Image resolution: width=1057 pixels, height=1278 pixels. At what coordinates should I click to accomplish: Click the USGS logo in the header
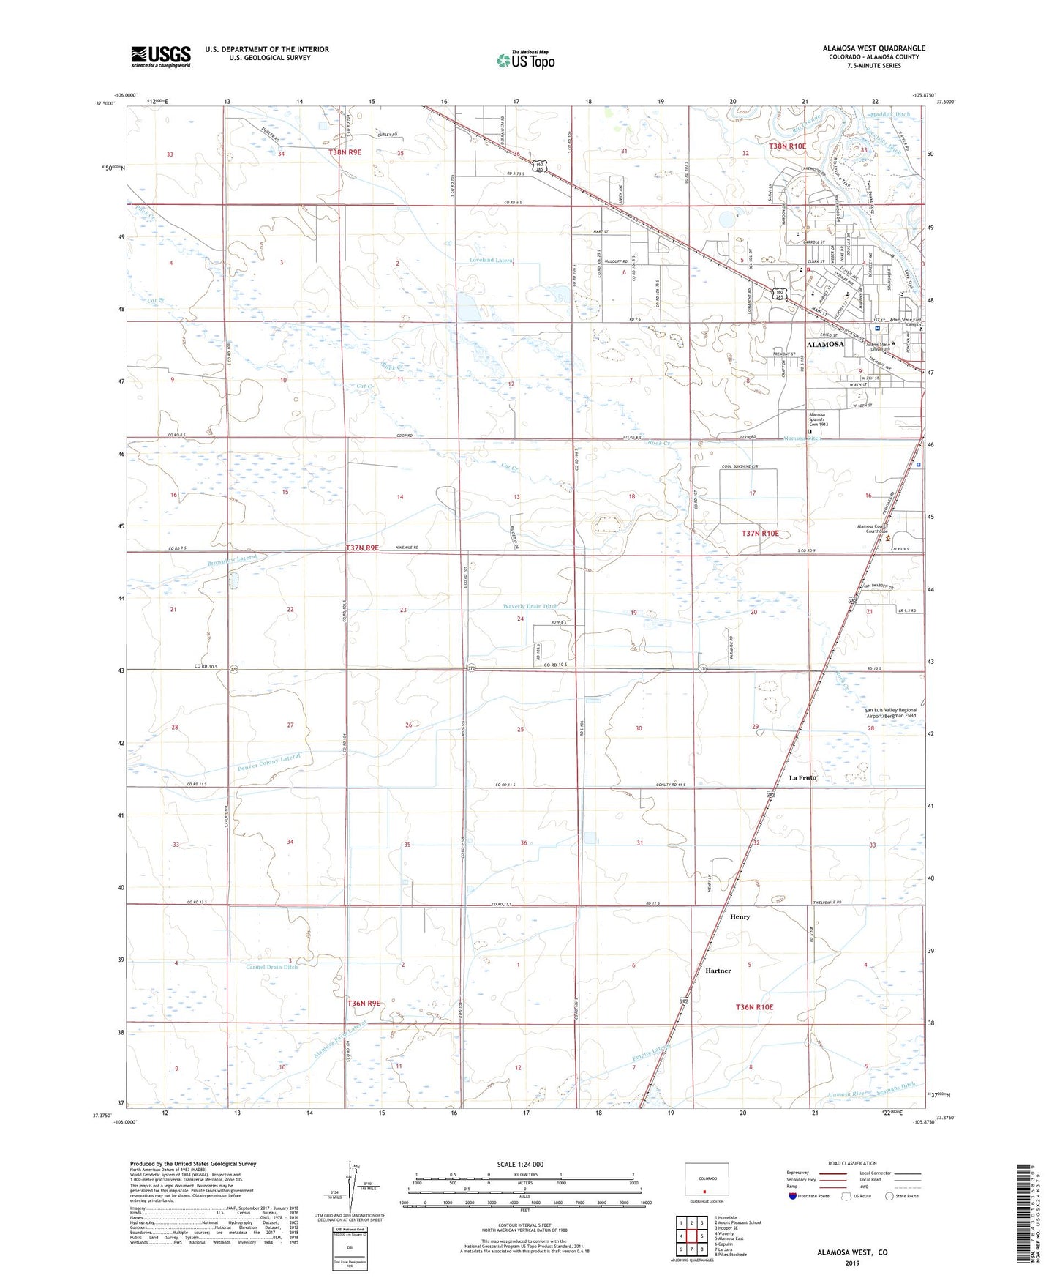pyautogui.click(x=160, y=56)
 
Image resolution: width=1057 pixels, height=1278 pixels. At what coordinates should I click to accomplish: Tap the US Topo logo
pyautogui.click(x=524, y=61)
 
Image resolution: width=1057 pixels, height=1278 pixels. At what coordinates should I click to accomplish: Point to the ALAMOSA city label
pyautogui.click(x=824, y=344)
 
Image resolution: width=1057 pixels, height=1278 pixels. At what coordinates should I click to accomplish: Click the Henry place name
pyautogui.click(x=740, y=916)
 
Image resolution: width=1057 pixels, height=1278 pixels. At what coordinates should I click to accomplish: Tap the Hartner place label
pyautogui.click(x=718, y=971)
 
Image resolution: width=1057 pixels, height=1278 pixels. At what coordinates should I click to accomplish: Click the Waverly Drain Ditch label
pyautogui.click(x=530, y=606)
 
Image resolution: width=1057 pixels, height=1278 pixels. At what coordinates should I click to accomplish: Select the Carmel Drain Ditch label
pyautogui.click(x=271, y=967)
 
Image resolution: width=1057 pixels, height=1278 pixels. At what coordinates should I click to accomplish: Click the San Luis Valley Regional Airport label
pyautogui.click(x=891, y=714)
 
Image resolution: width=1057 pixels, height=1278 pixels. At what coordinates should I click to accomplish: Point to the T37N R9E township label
pyautogui.click(x=362, y=548)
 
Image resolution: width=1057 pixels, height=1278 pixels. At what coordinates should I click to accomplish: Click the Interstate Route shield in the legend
pyautogui.click(x=793, y=1196)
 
